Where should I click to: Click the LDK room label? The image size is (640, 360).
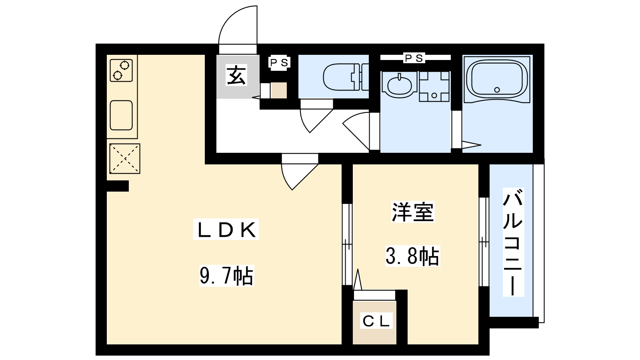point(226,230)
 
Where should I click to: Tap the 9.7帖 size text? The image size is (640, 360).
point(226,276)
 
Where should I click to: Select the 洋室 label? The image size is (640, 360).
point(412,212)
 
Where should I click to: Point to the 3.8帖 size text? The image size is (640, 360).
point(412,256)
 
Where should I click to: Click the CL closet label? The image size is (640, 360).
point(376,321)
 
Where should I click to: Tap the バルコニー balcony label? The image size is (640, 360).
point(513,242)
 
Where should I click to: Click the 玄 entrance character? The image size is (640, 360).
point(236,76)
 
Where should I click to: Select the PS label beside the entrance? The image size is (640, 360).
point(279,62)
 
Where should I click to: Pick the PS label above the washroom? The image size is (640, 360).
point(414,58)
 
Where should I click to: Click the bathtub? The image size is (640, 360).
point(497,79)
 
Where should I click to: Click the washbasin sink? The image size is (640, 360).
point(400,84)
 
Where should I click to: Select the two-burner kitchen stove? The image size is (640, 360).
point(121,70)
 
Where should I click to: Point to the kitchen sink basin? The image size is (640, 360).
point(121,115)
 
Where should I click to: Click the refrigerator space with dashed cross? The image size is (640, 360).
point(125,158)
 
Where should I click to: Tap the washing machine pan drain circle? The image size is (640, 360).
point(434,96)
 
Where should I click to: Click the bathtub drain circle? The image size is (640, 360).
point(497,90)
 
